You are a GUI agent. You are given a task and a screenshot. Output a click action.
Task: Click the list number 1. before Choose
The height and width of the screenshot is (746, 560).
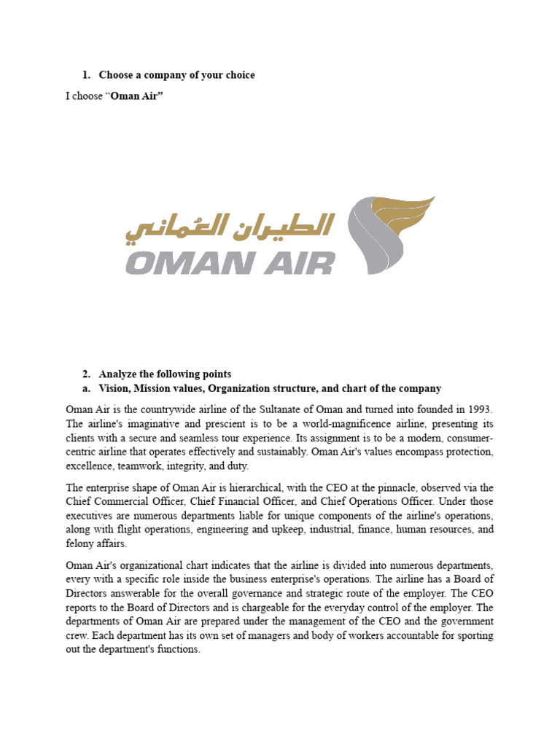click(85, 75)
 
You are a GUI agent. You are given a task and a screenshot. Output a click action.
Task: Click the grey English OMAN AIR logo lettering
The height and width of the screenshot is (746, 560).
click(230, 262)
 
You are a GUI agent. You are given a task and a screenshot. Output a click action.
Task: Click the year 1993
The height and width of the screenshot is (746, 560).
click(478, 409)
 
